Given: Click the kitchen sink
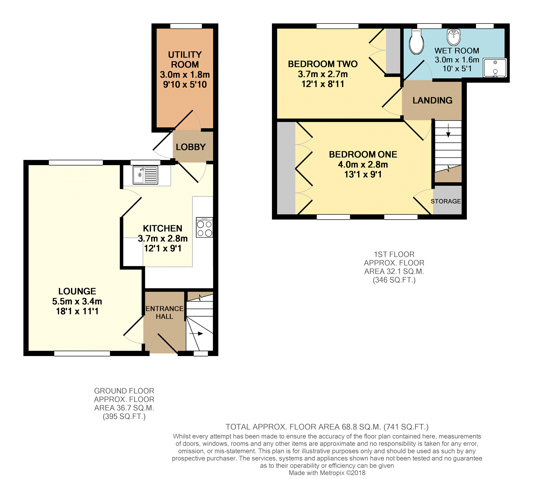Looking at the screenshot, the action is click(x=145, y=175).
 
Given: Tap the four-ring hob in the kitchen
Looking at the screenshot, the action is click(x=205, y=227).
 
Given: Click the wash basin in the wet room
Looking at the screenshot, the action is click(x=454, y=37).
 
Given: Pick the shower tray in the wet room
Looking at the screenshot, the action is click(x=495, y=68).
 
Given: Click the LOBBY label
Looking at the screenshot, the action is click(x=191, y=147).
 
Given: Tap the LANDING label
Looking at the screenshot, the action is click(x=432, y=100).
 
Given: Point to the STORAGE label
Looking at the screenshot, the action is click(x=446, y=201).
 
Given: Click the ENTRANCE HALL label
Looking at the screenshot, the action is click(x=165, y=312).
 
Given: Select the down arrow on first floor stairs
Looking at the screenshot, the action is click(x=448, y=130).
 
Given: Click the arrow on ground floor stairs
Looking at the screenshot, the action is click(x=196, y=333).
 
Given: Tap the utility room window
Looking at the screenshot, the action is click(x=186, y=26).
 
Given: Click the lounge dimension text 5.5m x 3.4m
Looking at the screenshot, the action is click(x=77, y=301).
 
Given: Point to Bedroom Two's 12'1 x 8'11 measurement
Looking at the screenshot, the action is click(x=323, y=84).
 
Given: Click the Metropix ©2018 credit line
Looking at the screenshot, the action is click(x=327, y=473).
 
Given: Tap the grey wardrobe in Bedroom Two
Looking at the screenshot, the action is click(x=393, y=51).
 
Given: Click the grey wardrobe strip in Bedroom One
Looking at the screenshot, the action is click(x=286, y=168).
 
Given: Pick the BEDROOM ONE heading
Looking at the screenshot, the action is click(x=363, y=154).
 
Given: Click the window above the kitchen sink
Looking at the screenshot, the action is click(x=145, y=163).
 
